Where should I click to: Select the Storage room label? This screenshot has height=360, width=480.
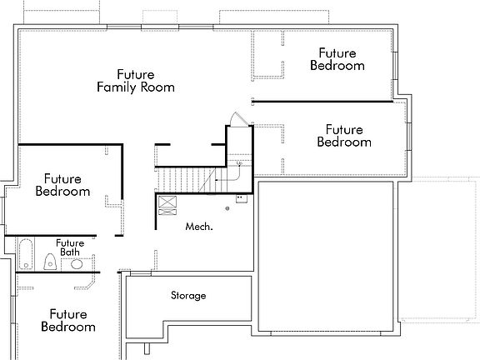click(188, 296)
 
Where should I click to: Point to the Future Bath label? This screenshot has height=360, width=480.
click(70, 247)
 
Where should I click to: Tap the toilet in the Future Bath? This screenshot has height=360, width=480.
click(50, 262)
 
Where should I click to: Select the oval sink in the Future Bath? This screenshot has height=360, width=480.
click(77, 264)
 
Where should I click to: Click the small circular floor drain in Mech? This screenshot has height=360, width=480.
click(226, 208)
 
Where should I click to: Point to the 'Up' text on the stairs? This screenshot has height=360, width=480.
click(238, 163)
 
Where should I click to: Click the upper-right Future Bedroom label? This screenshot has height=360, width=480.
click(337, 58)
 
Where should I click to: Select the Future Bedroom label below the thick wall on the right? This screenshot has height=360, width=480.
click(344, 136)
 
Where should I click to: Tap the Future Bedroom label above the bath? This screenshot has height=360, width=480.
click(62, 185)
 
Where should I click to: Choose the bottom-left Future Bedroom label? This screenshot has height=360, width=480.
click(67, 321)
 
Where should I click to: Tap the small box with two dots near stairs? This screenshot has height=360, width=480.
click(240, 198)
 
